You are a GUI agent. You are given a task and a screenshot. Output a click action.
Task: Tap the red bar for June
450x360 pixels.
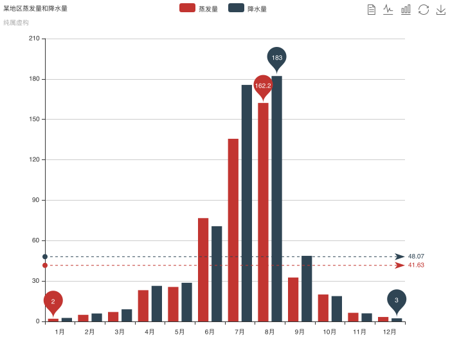[203, 269]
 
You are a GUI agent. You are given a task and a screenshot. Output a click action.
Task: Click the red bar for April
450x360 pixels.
[143, 305]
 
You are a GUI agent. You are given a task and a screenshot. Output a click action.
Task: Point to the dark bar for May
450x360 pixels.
[186, 301]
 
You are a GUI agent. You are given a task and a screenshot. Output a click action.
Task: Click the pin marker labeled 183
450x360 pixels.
[276, 58]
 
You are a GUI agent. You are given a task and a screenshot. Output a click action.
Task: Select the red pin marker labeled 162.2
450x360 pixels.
[263, 85]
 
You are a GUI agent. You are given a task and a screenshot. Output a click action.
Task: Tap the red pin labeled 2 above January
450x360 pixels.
[53, 301]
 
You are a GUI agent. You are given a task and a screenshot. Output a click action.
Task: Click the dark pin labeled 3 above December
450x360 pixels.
[397, 300]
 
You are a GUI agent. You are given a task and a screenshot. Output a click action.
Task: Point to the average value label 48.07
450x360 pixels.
[416, 256]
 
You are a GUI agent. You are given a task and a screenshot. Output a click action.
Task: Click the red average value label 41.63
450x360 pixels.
[416, 265]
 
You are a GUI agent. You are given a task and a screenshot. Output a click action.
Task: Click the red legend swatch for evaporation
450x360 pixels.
[187, 8]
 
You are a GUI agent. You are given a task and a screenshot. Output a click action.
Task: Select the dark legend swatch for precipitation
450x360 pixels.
[236, 8]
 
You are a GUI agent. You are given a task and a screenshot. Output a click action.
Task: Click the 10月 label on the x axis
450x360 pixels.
[330, 332]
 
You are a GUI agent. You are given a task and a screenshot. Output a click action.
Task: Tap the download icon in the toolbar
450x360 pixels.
[441, 9]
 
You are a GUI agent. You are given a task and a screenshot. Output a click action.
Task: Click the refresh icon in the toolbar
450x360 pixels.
[424, 9]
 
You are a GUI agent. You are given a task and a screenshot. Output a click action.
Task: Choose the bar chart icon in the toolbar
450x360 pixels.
[406, 9]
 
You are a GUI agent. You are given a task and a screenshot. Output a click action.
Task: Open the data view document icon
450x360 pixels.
[372, 9]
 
